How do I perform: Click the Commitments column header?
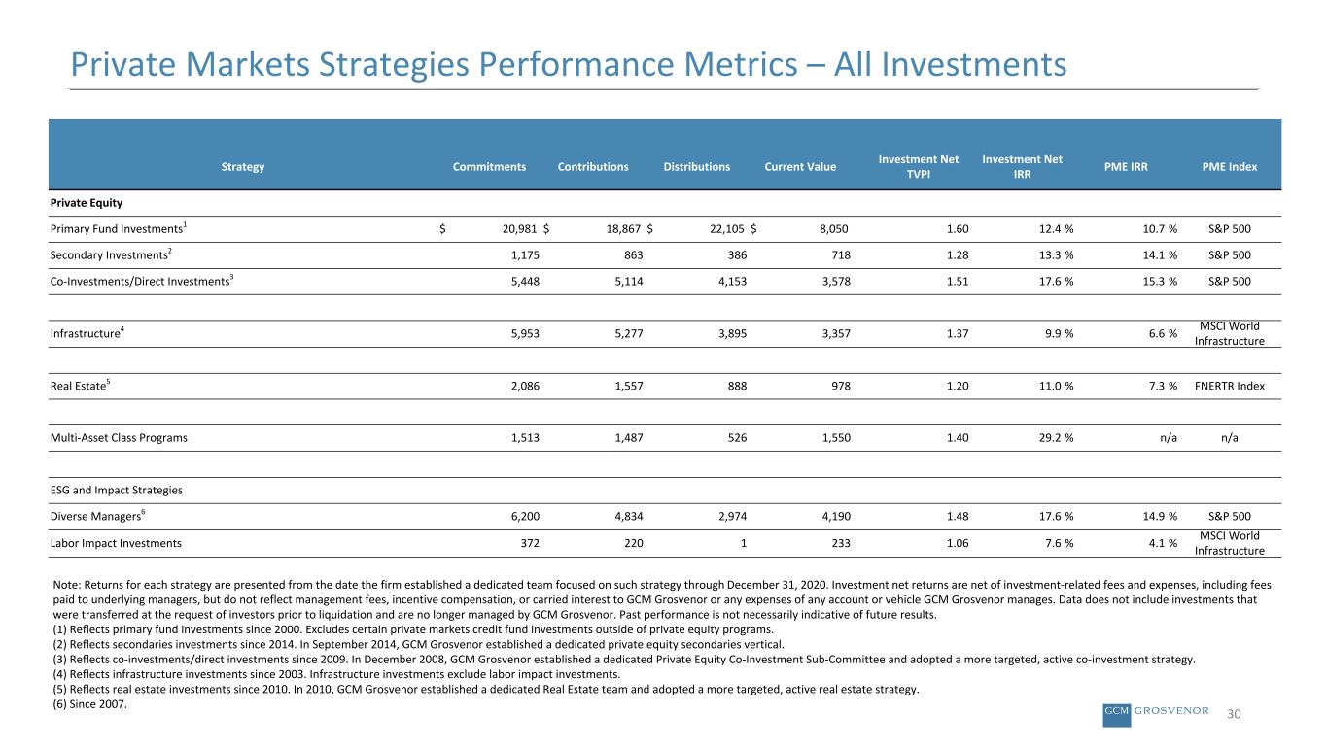(489, 167)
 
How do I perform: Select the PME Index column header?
(1229, 167)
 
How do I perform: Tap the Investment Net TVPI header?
(919, 167)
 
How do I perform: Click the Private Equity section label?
(86, 203)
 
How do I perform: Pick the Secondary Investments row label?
(111, 254)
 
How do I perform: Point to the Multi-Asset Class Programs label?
(119, 437)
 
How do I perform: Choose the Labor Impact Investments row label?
(116, 543)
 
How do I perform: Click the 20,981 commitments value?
(520, 229)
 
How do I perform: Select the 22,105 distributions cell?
(728, 229)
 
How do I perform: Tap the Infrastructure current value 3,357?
(836, 333)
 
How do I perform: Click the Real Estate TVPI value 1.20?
(958, 386)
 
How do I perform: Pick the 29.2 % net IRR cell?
(1056, 438)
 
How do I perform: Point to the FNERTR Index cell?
(1229, 386)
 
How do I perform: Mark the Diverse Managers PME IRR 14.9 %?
(1160, 517)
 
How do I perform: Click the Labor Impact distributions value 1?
(744, 543)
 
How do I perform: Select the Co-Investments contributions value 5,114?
(629, 282)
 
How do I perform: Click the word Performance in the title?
(575, 64)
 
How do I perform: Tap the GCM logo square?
(1117, 715)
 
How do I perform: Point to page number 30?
(1234, 714)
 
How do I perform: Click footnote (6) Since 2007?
(90, 704)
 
